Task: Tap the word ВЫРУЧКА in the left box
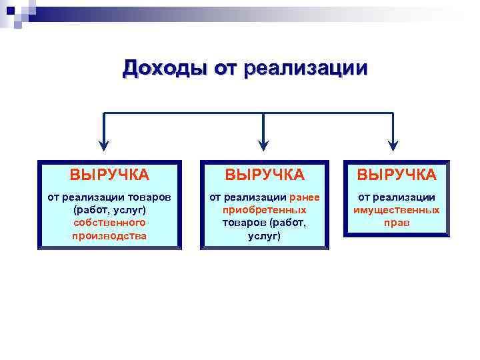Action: pyautogui.click(x=109, y=175)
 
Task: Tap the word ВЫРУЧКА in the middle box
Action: pyautogui.click(x=265, y=175)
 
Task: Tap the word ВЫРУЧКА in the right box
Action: pyautogui.click(x=397, y=175)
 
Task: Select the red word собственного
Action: pyautogui.click(x=109, y=223)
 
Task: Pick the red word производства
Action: pyautogui.click(x=109, y=235)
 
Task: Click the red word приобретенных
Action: pyautogui.click(x=265, y=210)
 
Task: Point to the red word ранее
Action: pyautogui.click(x=305, y=197)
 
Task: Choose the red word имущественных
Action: pyautogui.click(x=397, y=210)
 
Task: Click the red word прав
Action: pyautogui.click(x=397, y=223)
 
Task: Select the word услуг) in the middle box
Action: pyautogui.click(x=265, y=235)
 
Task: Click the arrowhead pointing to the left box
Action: pyautogui.click(x=103, y=143)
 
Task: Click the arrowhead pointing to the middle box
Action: pyautogui.click(x=264, y=143)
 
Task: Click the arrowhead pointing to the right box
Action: pyautogui.click(x=393, y=143)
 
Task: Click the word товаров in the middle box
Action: pyautogui.click(x=243, y=223)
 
